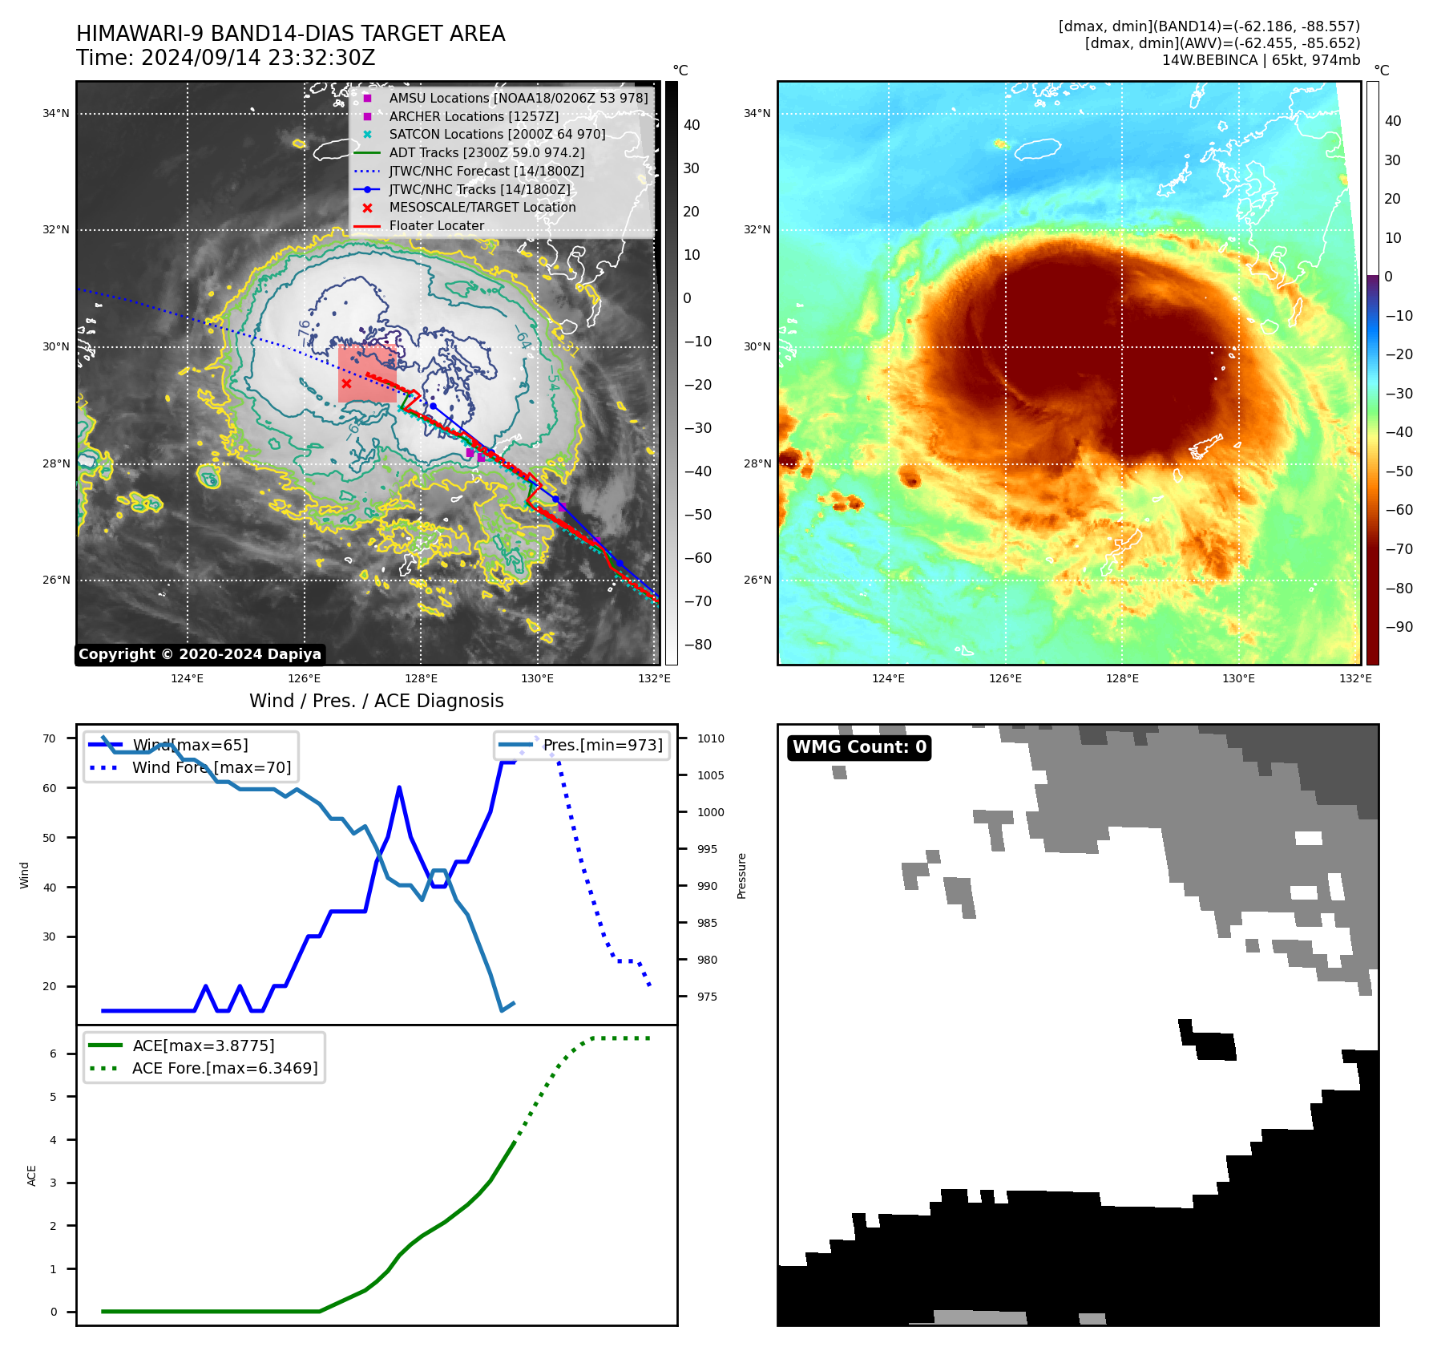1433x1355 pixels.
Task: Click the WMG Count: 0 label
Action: coord(859,747)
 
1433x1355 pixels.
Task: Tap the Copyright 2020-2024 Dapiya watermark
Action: coord(200,654)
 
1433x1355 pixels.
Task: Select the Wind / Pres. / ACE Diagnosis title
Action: coord(376,701)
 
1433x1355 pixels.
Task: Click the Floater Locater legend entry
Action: coord(436,226)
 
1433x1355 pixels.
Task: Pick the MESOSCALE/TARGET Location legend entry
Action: coord(482,208)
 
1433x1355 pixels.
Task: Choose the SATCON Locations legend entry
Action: coord(497,135)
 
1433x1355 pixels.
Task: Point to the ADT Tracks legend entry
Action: coord(486,153)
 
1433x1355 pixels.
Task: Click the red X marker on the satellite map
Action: coord(346,384)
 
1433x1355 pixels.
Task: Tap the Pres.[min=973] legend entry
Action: coord(602,746)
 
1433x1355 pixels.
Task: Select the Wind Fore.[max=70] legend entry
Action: coord(211,768)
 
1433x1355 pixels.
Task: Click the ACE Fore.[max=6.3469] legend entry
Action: coord(224,1069)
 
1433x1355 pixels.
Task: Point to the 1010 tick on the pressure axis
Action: coord(710,738)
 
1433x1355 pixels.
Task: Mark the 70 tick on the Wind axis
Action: coord(50,738)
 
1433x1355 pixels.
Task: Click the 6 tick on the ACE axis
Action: coord(54,1054)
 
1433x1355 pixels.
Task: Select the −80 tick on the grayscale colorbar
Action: coord(697,645)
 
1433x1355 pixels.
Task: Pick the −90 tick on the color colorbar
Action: coord(1399,627)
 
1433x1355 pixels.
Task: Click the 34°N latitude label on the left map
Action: coord(56,114)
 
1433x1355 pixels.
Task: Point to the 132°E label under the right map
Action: coord(1355,679)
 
